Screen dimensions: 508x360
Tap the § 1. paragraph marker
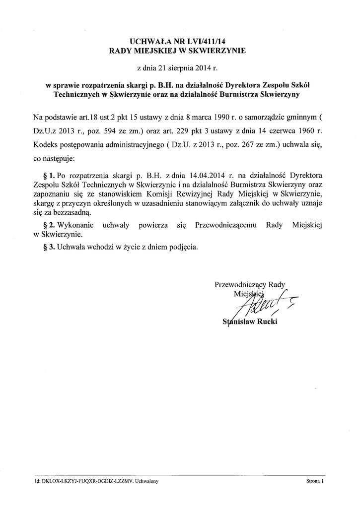click(x=49, y=176)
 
